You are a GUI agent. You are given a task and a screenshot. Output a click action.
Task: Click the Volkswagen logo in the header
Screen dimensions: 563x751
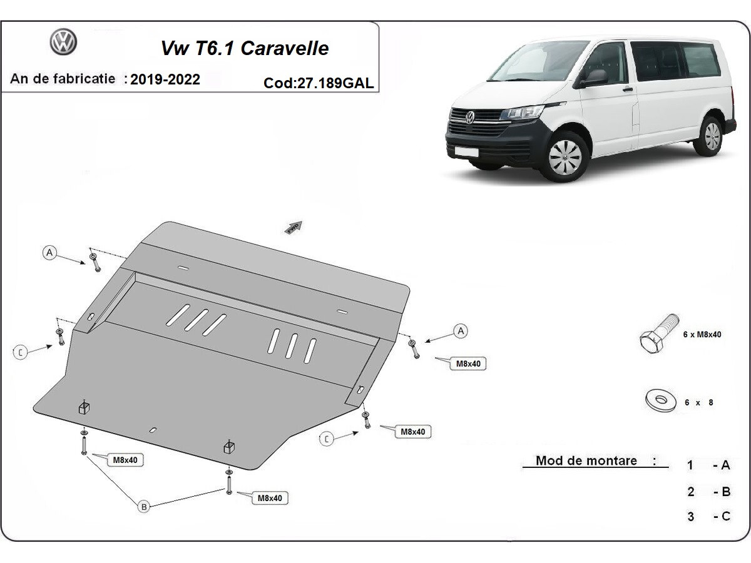[x=63, y=43]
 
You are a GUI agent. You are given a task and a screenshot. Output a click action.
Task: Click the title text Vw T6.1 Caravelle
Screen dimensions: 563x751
[x=245, y=48]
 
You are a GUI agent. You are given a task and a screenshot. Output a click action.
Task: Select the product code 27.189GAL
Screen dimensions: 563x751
[x=319, y=83]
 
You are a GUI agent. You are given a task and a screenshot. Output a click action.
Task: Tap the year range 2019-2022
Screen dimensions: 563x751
[x=165, y=79]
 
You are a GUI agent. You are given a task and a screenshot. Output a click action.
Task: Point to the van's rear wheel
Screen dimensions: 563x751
[x=710, y=136]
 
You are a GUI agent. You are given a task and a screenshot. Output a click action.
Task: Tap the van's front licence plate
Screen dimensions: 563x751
[x=466, y=151]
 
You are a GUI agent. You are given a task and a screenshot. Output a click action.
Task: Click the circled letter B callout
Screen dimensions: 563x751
[x=144, y=507]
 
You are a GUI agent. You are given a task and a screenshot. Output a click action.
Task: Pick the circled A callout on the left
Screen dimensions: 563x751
[x=49, y=253]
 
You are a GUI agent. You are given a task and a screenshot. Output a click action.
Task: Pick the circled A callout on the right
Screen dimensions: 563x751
[x=461, y=331]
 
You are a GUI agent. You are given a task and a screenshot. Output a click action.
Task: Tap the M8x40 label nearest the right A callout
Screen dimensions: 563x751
[x=468, y=363]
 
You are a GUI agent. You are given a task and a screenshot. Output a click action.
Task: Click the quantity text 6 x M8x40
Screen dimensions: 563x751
[x=702, y=335]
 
